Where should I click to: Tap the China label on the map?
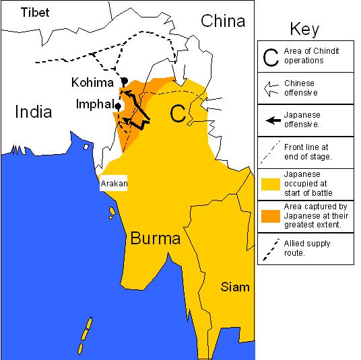pyautogui.click(x=223, y=21)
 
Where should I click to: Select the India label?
pyautogui.click(x=33, y=111)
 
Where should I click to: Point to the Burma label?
pyautogui.click(x=156, y=238)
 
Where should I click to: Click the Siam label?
pyautogui.click(x=235, y=287)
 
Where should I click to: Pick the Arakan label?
pyautogui.click(x=114, y=182)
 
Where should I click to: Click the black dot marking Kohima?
pyautogui.click(x=124, y=81)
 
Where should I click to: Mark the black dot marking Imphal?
pyautogui.click(x=118, y=106)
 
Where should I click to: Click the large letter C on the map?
pyautogui.click(x=178, y=114)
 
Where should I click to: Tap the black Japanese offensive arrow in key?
pyautogui.click(x=272, y=120)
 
